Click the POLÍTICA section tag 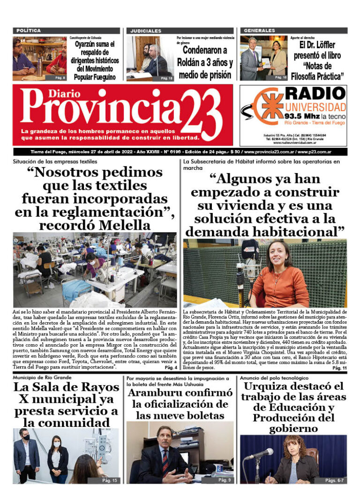[28, 30]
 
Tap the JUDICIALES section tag [146, 30]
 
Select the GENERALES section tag [259, 30]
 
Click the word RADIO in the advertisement [315, 93]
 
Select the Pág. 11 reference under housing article [339, 369]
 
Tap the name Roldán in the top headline [194, 62]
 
